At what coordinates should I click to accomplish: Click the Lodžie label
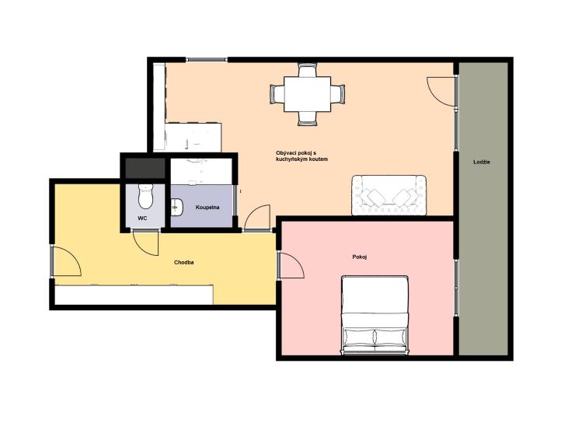pyautogui.click(x=482, y=163)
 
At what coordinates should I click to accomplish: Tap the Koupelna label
pyautogui.click(x=207, y=208)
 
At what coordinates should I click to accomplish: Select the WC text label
pyautogui.click(x=142, y=218)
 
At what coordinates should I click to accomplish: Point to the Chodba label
pyautogui.click(x=184, y=263)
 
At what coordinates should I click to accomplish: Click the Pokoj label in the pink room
pyautogui.click(x=360, y=257)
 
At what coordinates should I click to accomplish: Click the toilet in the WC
pyautogui.click(x=145, y=196)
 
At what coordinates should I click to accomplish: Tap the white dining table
pyautogui.click(x=308, y=94)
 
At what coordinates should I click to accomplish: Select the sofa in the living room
pyautogui.click(x=389, y=195)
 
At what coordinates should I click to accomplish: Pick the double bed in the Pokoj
pyautogui.click(x=375, y=315)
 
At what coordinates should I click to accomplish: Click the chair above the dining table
pyautogui.click(x=308, y=70)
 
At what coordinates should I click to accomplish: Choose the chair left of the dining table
pyautogui.click(x=277, y=94)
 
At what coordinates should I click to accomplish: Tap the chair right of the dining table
pyautogui.click(x=338, y=94)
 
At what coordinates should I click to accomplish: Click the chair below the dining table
pyautogui.click(x=308, y=118)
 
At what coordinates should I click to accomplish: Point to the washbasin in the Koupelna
pyautogui.click(x=176, y=207)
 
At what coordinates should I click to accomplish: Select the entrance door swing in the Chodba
pyautogui.click(x=67, y=262)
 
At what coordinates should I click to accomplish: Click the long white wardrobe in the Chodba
pyautogui.click(x=134, y=295)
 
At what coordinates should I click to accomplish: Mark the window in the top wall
pyautogui.click(x=207, y=59)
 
